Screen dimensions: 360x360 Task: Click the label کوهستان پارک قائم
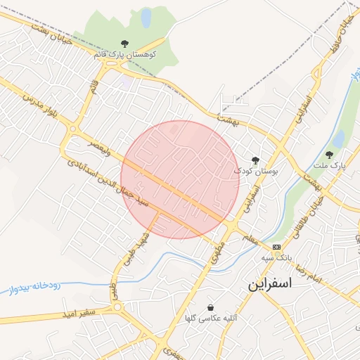[124, 53]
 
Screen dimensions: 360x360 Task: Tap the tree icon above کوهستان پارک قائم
[125, 44]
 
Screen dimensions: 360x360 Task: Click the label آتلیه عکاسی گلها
[209, 318]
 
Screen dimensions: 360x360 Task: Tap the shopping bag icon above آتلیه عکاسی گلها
[210, 308]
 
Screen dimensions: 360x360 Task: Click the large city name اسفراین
[279, 285]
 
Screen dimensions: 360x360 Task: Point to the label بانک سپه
[276, 257]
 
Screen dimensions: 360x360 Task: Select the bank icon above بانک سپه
[277, 247]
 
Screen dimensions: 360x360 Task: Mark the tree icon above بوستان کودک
[255, 160]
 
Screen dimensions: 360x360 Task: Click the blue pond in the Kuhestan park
[146, 17]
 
